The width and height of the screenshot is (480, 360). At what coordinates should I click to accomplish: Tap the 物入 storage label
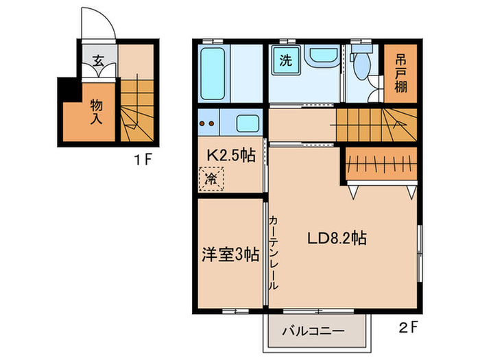tap(97, 111)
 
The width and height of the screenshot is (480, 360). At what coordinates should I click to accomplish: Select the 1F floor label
tap(142, 162)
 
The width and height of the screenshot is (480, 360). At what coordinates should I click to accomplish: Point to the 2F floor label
tap(409, 328)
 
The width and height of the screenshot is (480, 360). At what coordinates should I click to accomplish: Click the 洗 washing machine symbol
tap(285, 60)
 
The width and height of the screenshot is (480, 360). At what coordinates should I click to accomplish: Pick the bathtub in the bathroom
tap(215, 73)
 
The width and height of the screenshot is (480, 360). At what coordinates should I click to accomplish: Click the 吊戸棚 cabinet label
tap(399, 73)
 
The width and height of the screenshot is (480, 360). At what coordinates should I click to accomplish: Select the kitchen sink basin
tap(248, 124)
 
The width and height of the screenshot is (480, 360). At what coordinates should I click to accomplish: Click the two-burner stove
tap(207, 124)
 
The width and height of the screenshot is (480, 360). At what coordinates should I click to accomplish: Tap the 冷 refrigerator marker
tap(211, 180)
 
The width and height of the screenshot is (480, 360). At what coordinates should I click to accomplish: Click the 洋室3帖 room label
tap(229, 254)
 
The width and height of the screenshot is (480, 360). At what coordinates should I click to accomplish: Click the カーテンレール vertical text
tap(273, 250)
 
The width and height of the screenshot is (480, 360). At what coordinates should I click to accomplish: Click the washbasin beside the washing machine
tap(320, 59)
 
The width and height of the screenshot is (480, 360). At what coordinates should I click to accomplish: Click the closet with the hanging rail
tap(380, 165)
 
